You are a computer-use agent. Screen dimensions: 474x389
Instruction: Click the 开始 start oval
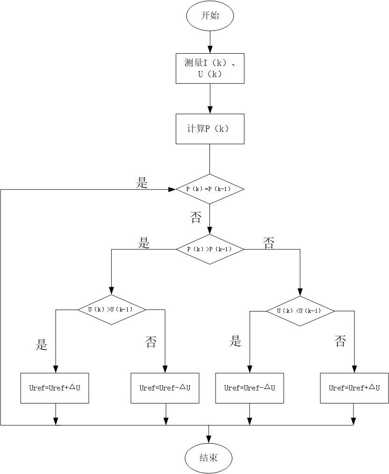point(210,16)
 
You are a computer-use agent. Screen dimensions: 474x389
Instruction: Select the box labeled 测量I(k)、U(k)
point(210,68)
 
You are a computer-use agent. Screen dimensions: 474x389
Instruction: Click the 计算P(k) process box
point(210,129)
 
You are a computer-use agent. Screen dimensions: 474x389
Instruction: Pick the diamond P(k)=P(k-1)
point(210,189)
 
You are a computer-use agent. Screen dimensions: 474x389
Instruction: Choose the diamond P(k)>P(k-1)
point(210,249)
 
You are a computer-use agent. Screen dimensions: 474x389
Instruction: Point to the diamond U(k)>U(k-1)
point(111,310)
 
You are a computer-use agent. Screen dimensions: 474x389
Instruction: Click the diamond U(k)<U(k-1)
point(301,311)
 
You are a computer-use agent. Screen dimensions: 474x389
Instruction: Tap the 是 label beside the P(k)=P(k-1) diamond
point(142,183)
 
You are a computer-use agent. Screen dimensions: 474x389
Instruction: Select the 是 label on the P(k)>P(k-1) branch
point(144,243)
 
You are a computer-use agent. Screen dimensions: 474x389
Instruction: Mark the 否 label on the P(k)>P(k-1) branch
point(269,243)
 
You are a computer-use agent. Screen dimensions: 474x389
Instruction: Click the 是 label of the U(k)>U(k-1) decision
point(42,345)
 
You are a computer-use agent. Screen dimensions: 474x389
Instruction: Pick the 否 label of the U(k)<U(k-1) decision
point(340,341)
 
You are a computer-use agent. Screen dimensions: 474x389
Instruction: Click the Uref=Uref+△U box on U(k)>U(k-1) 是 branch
point(55,388)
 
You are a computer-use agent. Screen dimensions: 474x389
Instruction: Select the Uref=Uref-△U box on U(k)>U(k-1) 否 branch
point(166,388)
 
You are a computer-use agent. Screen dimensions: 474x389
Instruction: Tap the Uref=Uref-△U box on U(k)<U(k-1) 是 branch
point(249,388)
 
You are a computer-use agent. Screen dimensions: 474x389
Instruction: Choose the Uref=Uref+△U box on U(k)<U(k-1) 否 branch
point(354,388)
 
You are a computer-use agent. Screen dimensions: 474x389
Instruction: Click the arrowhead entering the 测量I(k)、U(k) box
point(210,49)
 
